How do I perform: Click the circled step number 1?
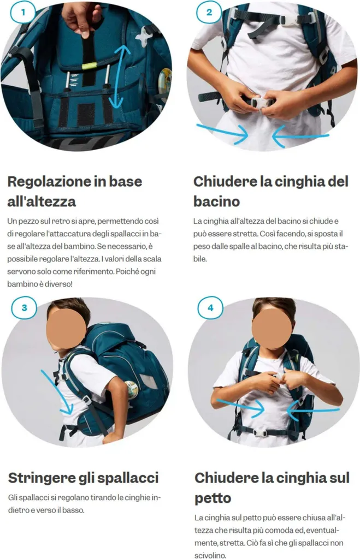coord(23,13)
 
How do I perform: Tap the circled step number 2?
coord(209,13)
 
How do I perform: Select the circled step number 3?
coord(24,308)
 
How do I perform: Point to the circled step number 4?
coord(210,308)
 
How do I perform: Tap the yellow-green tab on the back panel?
coord(89,66)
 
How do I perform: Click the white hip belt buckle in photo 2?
coord(262,102)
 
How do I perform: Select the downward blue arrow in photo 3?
coord(57,392)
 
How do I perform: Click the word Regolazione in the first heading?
coord(49,181)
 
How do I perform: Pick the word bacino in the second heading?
coord(216,201)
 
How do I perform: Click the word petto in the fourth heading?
coord(213,498)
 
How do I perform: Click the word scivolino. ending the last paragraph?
coord(210,555)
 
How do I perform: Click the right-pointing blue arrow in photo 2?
coord(222,132)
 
